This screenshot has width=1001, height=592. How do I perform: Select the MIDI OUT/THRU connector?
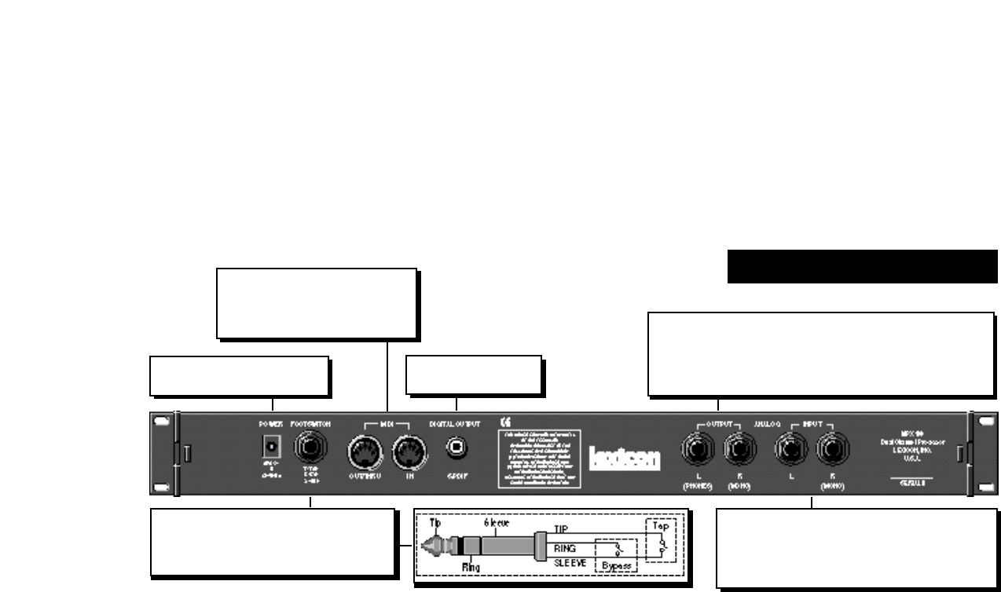click(363, 452)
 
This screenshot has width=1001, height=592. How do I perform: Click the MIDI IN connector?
click(409, 452)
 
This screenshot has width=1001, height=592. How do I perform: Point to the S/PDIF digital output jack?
click(456, 448)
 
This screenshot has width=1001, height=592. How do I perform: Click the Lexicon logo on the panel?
click(625, 458)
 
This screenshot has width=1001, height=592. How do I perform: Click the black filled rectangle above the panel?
click(862, 266)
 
